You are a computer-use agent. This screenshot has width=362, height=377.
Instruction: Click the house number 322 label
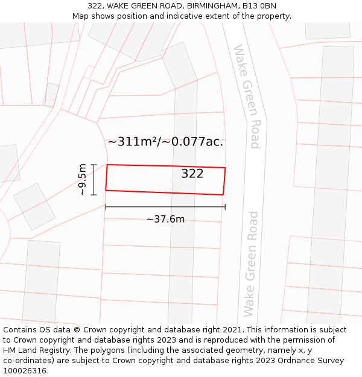coord(192,174)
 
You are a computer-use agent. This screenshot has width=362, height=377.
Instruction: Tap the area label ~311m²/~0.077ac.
coord(165,142)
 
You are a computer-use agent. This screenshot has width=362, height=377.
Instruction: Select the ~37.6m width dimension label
coord(165,219)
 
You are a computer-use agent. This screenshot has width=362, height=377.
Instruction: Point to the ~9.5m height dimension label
coord(83,180)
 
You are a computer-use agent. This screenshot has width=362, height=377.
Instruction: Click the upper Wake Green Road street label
coord(247,97)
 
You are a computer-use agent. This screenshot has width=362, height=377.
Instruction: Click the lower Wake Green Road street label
coord(250,264)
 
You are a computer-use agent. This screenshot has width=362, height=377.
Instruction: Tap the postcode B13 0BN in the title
coord(260,5)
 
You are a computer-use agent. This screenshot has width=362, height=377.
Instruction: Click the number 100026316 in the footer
coord(25,371)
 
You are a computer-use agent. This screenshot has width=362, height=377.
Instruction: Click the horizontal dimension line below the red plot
coord(165,207)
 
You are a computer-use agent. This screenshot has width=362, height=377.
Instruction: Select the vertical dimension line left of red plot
coord(94,180)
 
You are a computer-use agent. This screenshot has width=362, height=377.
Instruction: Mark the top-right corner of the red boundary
coord(225,168)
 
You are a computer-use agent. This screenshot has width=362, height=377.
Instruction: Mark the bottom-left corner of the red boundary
coord(106,191)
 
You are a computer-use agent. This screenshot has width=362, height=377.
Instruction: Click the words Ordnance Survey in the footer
coord(314,361)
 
